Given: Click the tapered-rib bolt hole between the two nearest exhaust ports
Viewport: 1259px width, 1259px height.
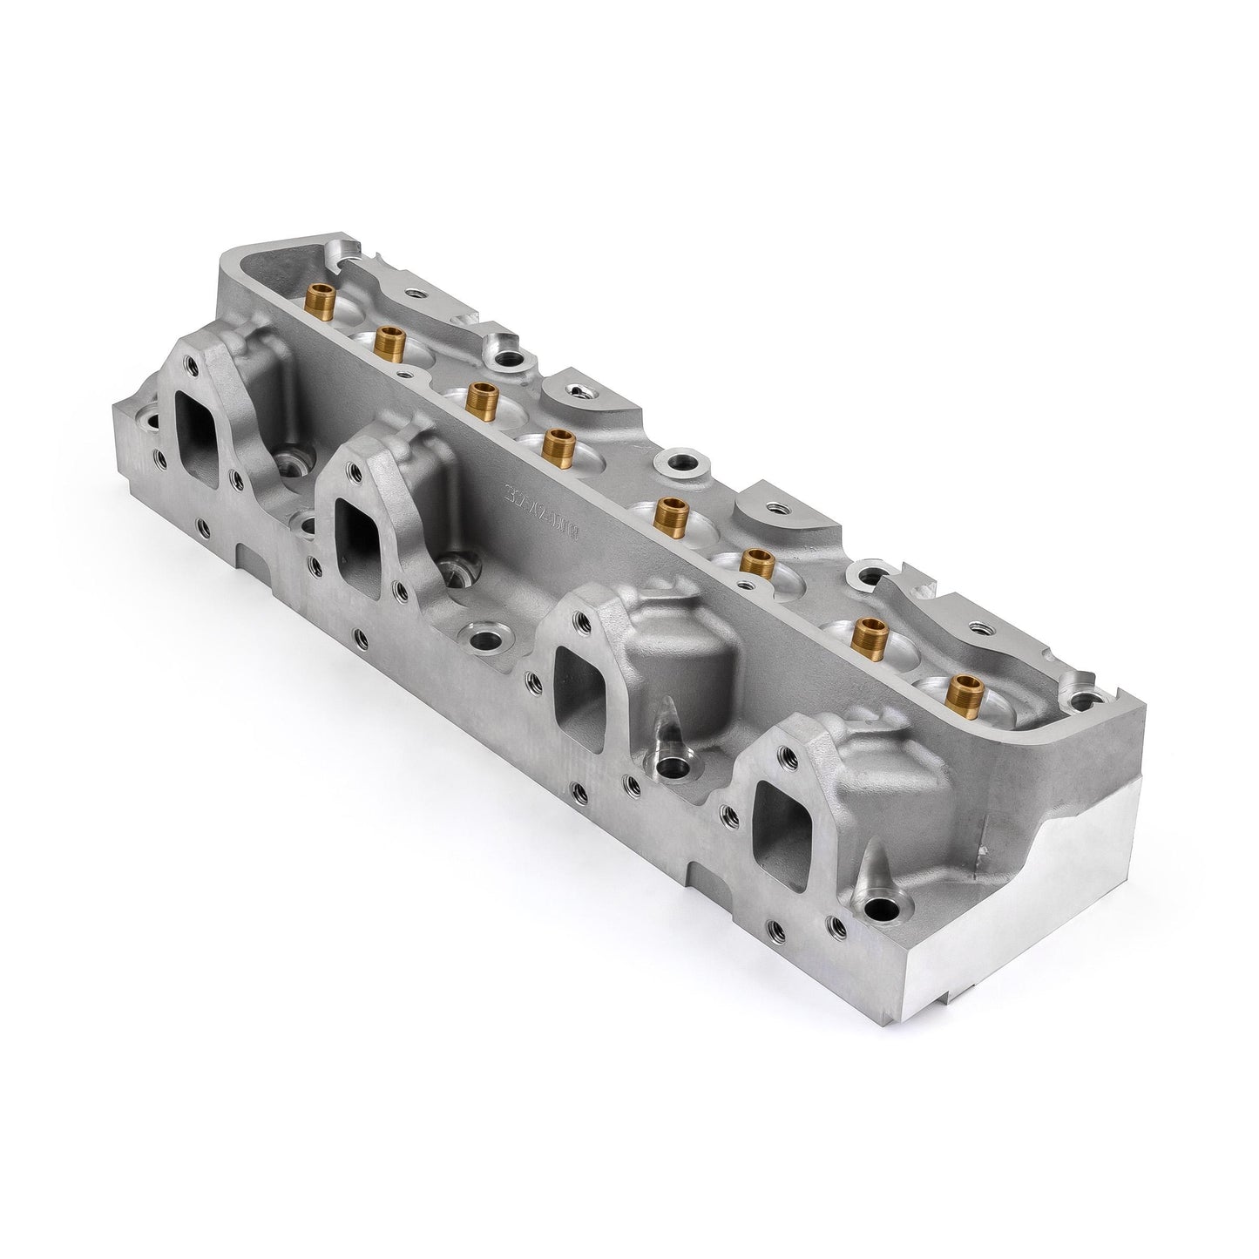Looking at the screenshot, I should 673,768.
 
